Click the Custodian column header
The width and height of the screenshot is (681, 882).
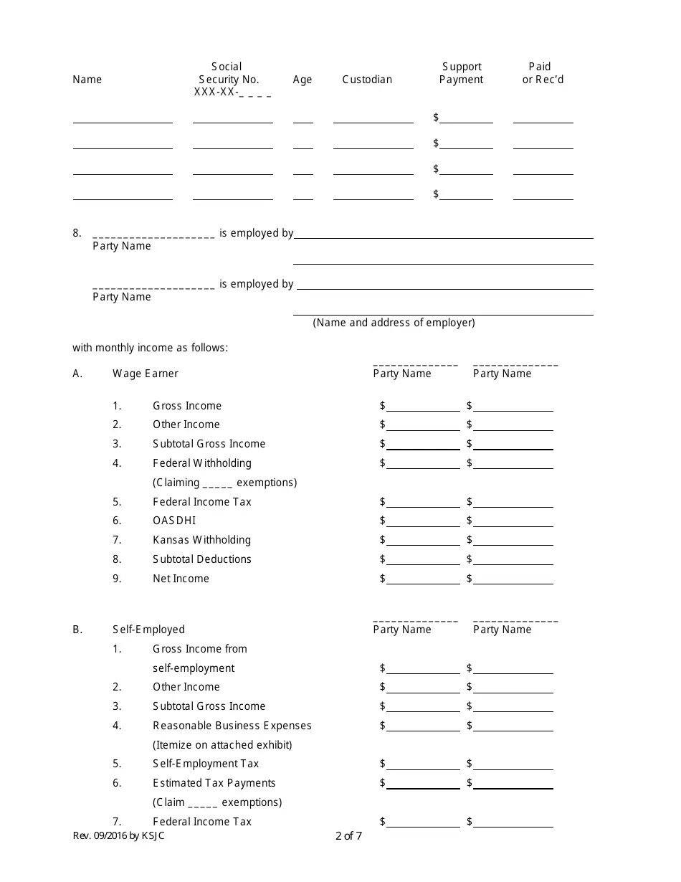pyautogui.click(x=367, y=80)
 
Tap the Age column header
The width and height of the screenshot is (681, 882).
pyautogui.click(x=303, y=80)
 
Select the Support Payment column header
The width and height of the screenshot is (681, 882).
pyautogui.click(x=462, y=73)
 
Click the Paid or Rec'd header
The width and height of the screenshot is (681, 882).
pyautogui.click(x=543, y=73)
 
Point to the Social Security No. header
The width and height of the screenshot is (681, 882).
pyautogui.click(x=229, y=73)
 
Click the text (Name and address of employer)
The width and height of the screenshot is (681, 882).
pyautogui.click(x=394, y=323)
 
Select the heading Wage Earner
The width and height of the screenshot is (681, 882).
pyautogui.click(x=146, y=374)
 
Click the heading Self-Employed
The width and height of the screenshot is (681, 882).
pyautogui.click(x=148, y=630)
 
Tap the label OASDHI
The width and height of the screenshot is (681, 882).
pyautogui.click(x=174, y=521)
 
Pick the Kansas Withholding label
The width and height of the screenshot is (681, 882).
pyautogui.click(x=201, y=540)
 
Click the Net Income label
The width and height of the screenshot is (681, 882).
pyautogui.click(x=181, y=579)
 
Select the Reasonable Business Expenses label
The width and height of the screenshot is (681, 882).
pyautogui.click(x=232, y=726)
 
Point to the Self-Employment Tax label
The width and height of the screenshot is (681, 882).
pyautogui.click(x=206, y=764)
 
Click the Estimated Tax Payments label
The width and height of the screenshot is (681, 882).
pyautogui.click(x=214, y=783)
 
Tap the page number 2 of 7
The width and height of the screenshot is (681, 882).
pyautogui.click(x=348, y=835)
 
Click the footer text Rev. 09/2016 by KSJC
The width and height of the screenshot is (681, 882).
pyautogui.click(x=118, y=835)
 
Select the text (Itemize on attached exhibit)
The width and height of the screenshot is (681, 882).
pyautogui.click(x=222, y=745)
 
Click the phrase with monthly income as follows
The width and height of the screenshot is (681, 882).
pyautogui.click(x=150, y=348)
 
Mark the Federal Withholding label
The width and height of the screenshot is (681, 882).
pyautogui.click(x=201, y=463)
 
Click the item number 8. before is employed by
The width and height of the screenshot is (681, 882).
pyautogui.click(x=77, y=233)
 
